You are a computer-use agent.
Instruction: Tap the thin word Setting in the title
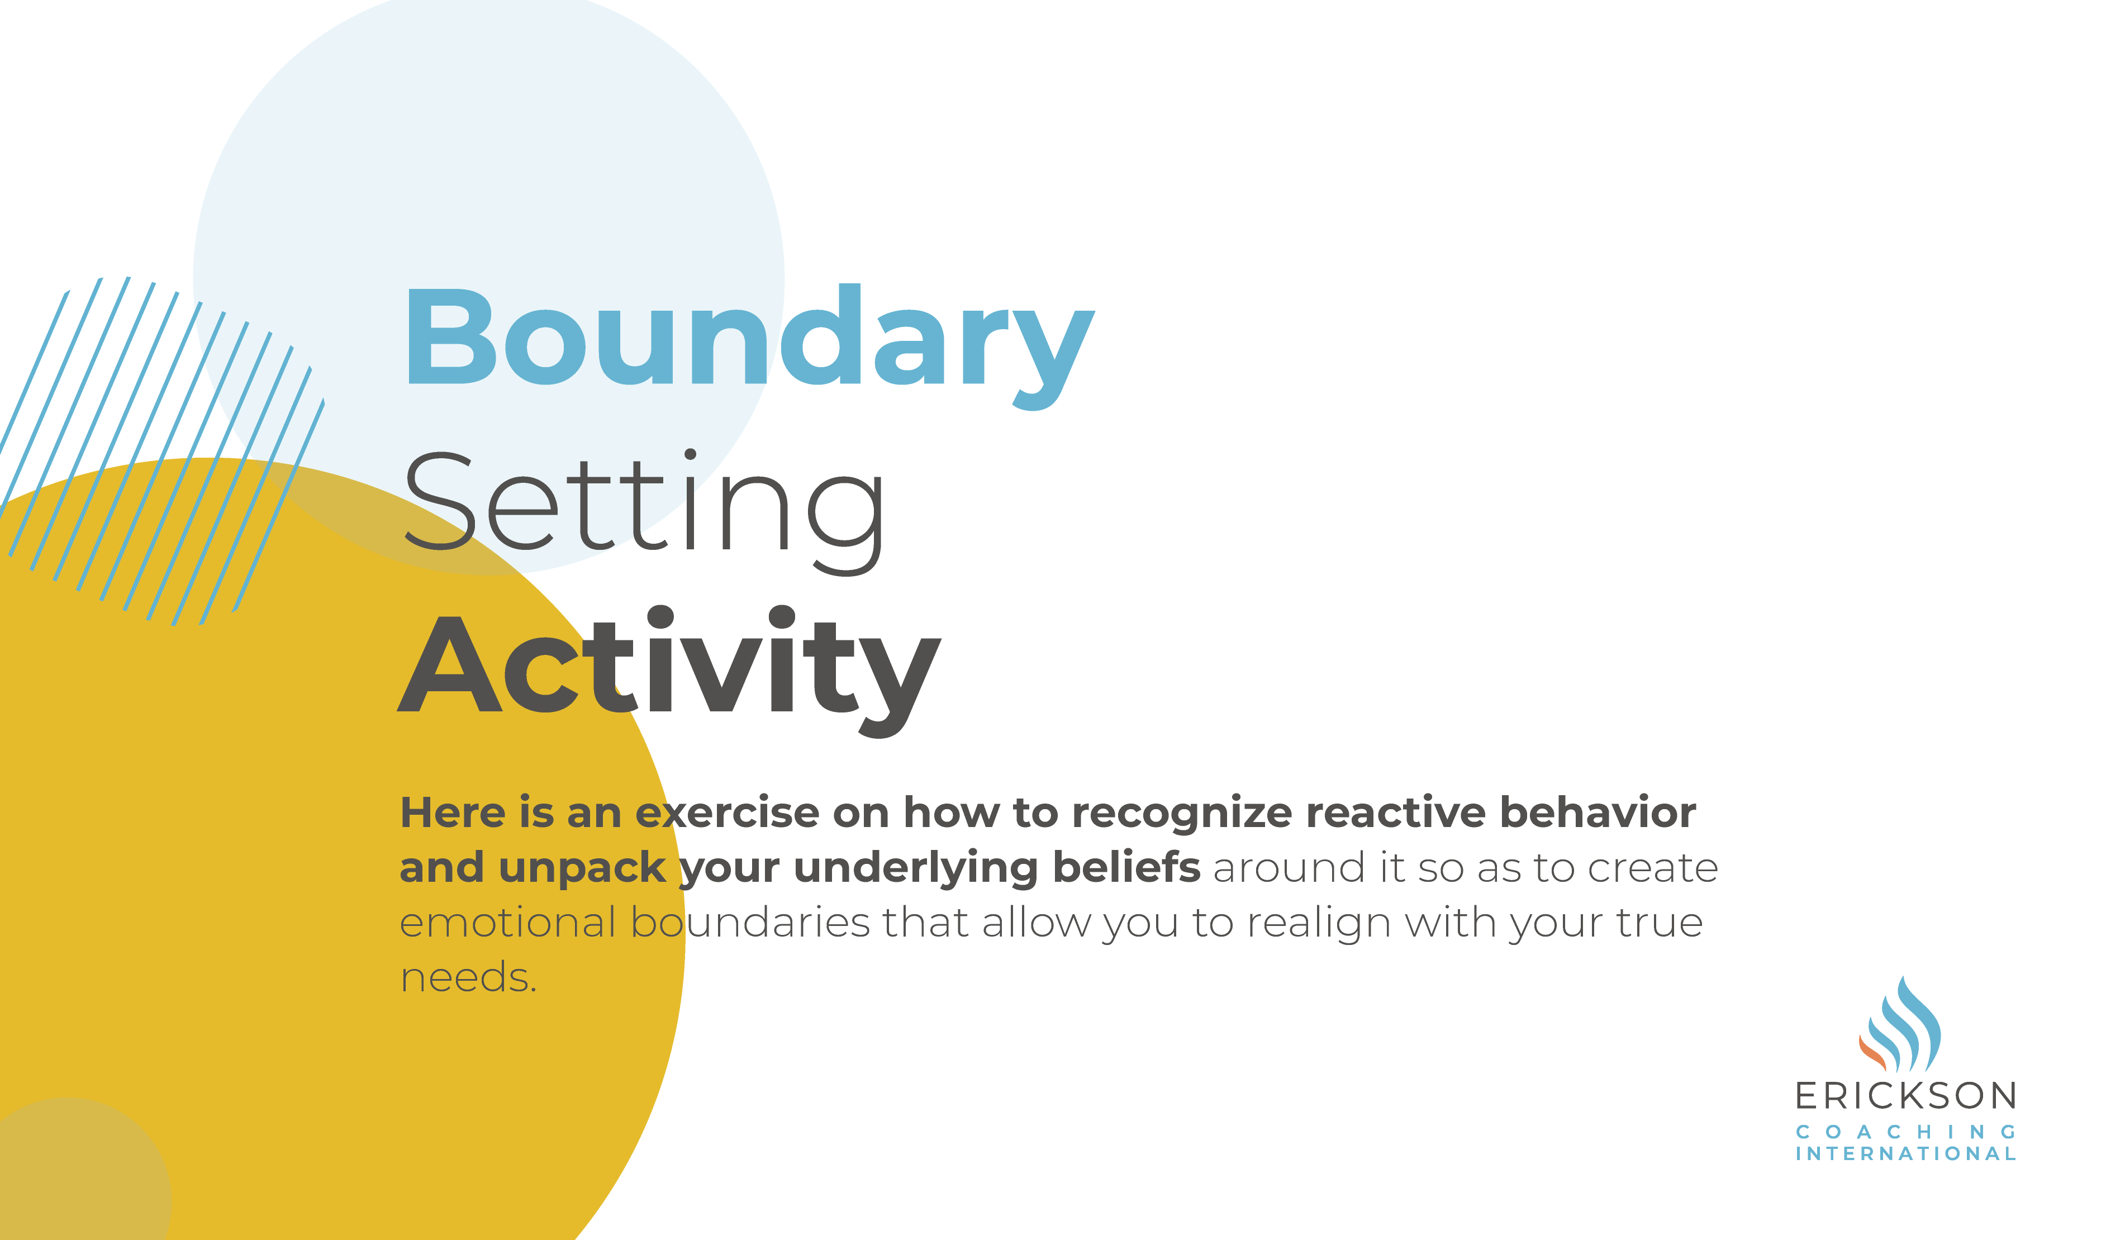(644, 506)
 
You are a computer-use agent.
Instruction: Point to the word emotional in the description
(507, 923)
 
